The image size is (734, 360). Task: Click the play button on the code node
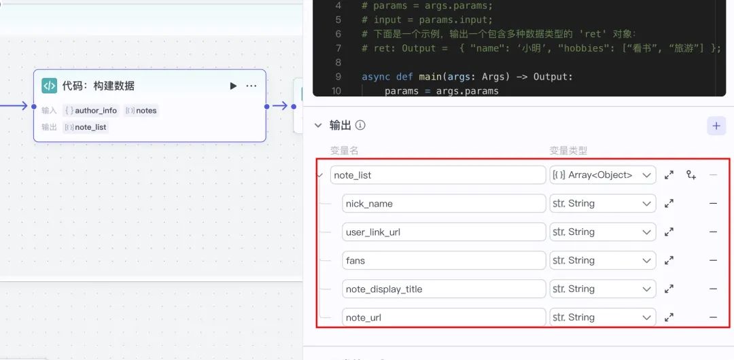[x=233, y=86]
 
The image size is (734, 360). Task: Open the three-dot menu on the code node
[x=251, y=86]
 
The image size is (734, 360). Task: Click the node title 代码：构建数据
[x=99, y=86]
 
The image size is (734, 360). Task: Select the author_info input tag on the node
[x=91, y=110]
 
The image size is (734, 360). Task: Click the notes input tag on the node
[x=141, y=110]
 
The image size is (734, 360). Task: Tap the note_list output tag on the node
[x=86, y=126]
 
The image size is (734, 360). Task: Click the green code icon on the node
[x=50, y=86]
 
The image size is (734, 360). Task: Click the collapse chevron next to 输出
[x=317, y=125]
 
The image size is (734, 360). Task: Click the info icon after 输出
[x=361, y=125]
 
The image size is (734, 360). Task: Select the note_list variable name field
[x=438, y=175]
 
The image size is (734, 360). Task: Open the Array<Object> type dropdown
[x=602, y=175]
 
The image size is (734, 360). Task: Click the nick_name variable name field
[x=444, y=204]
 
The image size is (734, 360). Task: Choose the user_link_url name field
[x=444, y=232]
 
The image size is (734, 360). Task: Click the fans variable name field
[x=444, y=260]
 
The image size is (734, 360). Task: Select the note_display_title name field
[x=444, y=289]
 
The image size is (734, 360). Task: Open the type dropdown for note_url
[x=602, y=317]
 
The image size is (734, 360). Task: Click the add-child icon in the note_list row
[x=691, y=175]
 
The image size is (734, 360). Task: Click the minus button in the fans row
[x=713, y=260]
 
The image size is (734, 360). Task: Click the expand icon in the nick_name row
[x=669, y=204]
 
